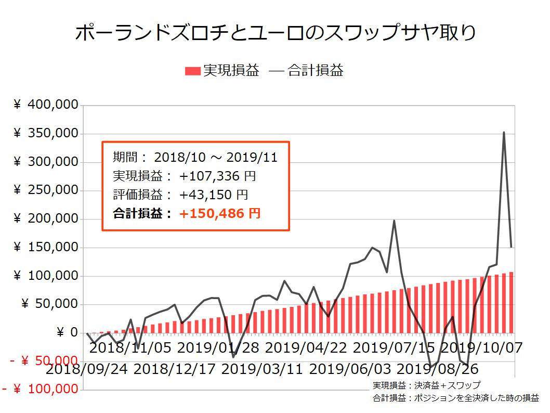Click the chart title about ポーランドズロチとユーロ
tap(275, 34)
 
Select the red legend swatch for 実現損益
tap(193, 71)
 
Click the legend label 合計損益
tap(315, 71)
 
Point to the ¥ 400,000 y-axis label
tap(46, 106)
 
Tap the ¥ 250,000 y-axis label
tap(46, 190)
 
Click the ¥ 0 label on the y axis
tap(67, 332)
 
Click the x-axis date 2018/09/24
tap(87, 370)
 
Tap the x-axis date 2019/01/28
tap(218, 347)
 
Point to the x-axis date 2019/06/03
tap(350, 370)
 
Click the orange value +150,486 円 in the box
tap(220, 213)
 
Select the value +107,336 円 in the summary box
tap(217, 176)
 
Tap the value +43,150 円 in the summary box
tap(214, 195)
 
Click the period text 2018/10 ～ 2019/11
tap(216, 158)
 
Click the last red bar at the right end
tap(511, 302)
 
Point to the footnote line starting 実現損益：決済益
tap(426, 385)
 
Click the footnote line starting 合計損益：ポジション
tap(455, 398)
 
